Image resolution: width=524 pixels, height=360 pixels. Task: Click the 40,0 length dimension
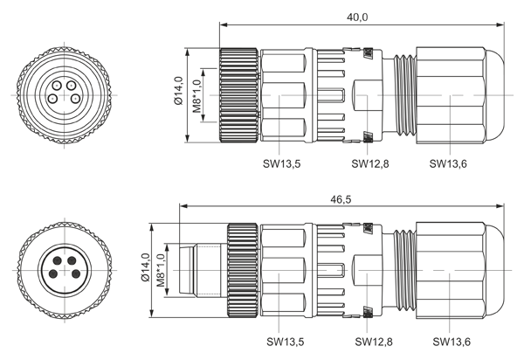point(357,17)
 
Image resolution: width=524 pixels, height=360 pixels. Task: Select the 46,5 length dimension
point(341,199)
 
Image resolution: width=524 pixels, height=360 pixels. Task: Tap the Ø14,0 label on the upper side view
point(178,91)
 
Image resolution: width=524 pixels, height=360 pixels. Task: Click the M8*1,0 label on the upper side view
point(197,96)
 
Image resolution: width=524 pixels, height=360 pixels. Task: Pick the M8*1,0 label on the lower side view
point(161,270)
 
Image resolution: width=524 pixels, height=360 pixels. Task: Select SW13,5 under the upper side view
point(281,163)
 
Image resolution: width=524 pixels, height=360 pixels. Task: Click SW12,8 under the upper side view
point(370,163)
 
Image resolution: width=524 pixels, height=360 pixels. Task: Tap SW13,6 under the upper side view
point(448,163)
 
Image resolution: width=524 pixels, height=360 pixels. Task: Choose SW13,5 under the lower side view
point(285,342)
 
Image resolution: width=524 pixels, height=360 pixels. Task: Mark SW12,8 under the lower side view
point(374,342)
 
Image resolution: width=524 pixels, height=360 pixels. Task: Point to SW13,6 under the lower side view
point(452,342)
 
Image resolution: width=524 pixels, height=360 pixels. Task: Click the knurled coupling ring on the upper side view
point(238,95)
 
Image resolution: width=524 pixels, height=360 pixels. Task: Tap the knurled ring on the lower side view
point(243,270)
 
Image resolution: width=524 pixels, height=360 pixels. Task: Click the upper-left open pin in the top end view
point(57,86)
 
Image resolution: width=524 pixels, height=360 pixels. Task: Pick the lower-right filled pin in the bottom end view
point(76,274)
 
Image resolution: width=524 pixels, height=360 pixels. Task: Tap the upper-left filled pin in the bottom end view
point(58,260)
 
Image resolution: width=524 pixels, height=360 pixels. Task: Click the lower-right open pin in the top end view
point(76,99)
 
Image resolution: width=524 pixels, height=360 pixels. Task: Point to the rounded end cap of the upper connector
point(493,95)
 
